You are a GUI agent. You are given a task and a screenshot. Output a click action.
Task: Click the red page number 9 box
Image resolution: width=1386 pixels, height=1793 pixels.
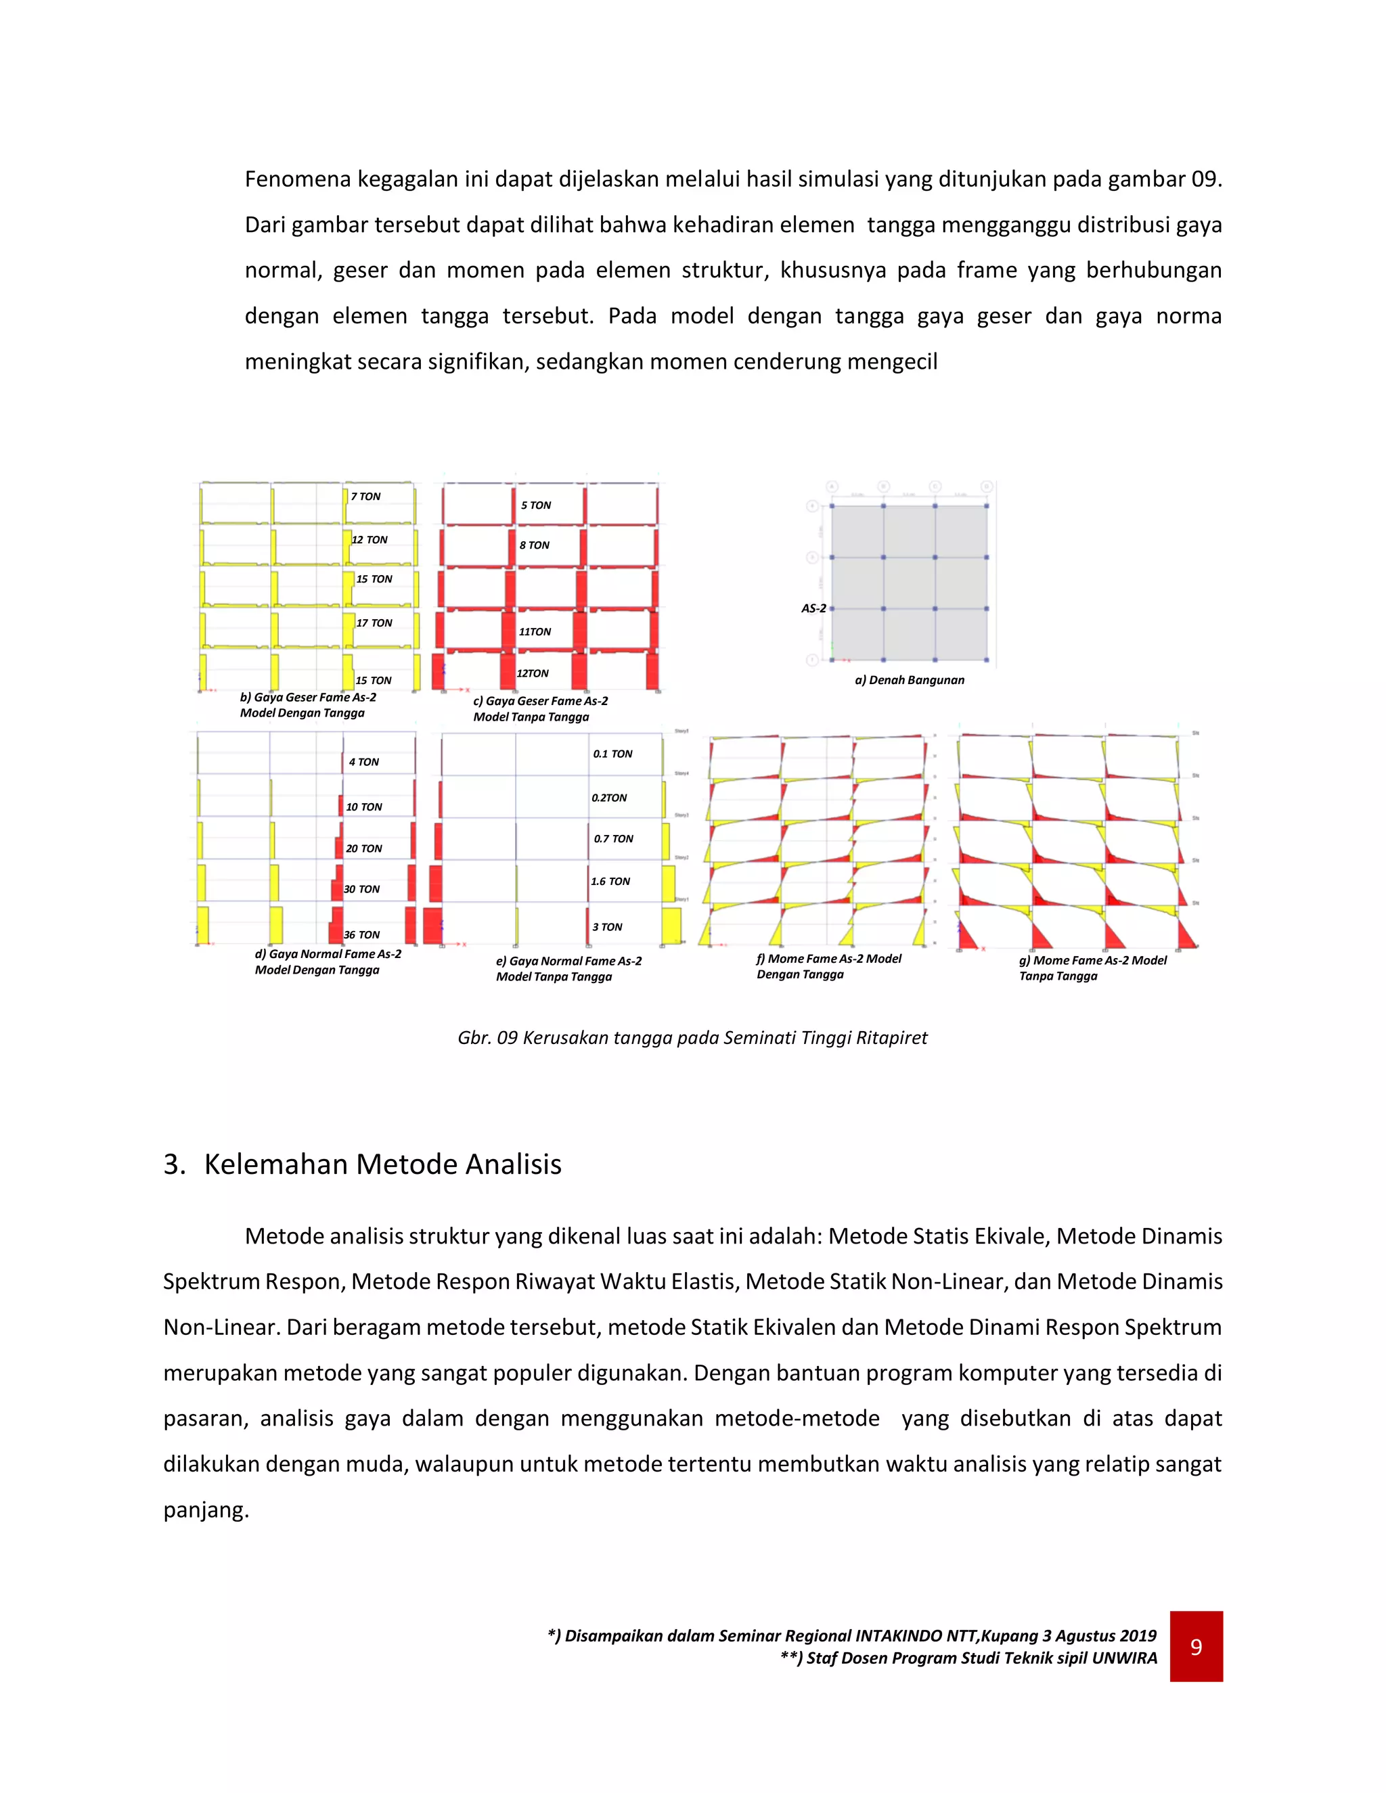point(1196,1646)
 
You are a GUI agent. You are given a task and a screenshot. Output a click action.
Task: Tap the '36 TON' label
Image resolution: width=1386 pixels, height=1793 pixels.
point(361,935)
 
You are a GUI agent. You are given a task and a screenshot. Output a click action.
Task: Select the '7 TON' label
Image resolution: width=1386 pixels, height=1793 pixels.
point(365,497)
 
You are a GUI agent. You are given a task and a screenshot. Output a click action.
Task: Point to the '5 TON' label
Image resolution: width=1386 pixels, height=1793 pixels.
point(535,505)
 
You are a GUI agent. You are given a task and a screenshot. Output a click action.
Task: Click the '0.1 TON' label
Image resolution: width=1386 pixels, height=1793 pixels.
point(612,754)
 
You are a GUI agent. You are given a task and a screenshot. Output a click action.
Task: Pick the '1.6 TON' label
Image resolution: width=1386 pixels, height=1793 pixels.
point(610,882)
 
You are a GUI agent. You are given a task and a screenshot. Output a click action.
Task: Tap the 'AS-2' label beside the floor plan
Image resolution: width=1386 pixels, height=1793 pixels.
point(813,608)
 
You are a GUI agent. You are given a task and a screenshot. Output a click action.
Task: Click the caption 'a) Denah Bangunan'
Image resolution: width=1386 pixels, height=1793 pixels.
point(909,680)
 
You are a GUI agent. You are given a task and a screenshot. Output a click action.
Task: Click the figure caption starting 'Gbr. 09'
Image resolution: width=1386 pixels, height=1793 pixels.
point(692,1038)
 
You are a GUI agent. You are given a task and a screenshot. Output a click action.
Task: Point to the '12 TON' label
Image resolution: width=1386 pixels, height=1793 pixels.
point(370,540)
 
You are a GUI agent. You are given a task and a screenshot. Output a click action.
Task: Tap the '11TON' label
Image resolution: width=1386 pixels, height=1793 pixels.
point(535,632)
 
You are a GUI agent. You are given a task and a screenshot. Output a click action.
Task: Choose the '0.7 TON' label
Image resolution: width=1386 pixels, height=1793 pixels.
point(613,839)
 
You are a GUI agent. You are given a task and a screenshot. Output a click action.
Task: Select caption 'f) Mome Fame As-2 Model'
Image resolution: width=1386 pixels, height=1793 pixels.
point(828,959)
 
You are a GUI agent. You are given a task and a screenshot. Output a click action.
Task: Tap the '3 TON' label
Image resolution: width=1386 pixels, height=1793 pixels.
point(608,927)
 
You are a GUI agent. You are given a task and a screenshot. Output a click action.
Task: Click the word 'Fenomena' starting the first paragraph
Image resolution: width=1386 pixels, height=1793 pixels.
point(298,179)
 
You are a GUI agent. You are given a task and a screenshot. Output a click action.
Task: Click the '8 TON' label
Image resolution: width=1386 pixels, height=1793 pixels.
point(535,545)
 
